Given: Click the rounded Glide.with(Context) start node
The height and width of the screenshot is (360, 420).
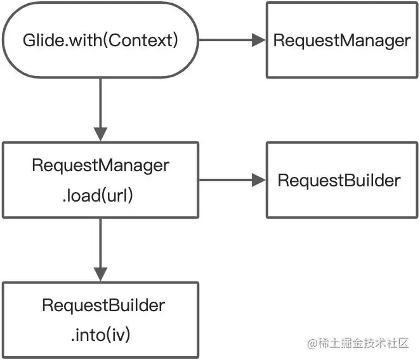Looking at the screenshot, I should (x=100, y=40).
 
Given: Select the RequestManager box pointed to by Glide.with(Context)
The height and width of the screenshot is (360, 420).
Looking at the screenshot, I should (x=342, y=41).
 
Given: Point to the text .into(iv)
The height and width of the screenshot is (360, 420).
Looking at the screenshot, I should (x=100, y=334).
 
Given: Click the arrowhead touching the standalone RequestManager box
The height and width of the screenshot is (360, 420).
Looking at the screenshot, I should (x=258, y=41).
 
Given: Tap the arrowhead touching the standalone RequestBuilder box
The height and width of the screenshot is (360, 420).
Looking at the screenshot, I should (x=258, y=181).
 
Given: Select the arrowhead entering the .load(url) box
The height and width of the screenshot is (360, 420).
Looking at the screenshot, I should (x=100, y=134).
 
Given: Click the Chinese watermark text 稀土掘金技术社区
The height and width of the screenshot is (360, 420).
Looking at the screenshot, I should (x=367, y=344).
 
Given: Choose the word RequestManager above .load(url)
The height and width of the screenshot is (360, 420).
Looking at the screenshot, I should (x=100, y=166).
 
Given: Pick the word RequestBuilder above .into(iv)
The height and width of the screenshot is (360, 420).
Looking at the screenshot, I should (x=103, y=305).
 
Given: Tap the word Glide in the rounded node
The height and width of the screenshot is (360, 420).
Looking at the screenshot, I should (x=39, y=41).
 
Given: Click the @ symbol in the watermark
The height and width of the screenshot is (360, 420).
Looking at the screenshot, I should (x=312, y=344).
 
